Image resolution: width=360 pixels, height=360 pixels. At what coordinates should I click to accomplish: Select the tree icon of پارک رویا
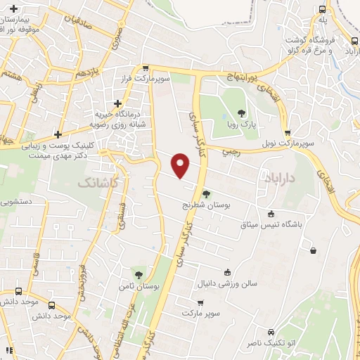pyautogui.click(x=242, y=112)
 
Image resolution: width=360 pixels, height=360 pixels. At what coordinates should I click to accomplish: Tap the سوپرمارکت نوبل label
pyautogui.click(x=287, y=143)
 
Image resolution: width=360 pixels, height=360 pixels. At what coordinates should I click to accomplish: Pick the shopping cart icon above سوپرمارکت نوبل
pyautogui.click(x=287, y=132)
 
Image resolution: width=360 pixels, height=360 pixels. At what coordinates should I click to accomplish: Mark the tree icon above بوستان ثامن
pyautogui.click(x=139, y=274)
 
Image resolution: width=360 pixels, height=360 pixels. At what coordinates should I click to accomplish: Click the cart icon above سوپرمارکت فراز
pyautogui.click(x=146, y=68)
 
